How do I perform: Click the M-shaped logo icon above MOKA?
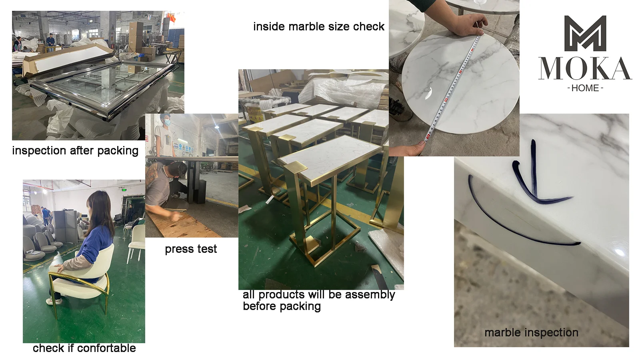pyautogui.click(x=585, y=34)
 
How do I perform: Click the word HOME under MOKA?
pyautogui.click(x=585, y=88)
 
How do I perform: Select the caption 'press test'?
pyautogui.click(x=191, y=249)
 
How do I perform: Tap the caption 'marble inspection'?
pyautogui.click(x=532, y=332)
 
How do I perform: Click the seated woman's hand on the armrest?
pyautogui.click(x=59, y=268)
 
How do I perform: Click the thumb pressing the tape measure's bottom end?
pyautogui.click(x=420, y=145)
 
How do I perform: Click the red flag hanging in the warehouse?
pyautogui.click(x=171, y=18)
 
